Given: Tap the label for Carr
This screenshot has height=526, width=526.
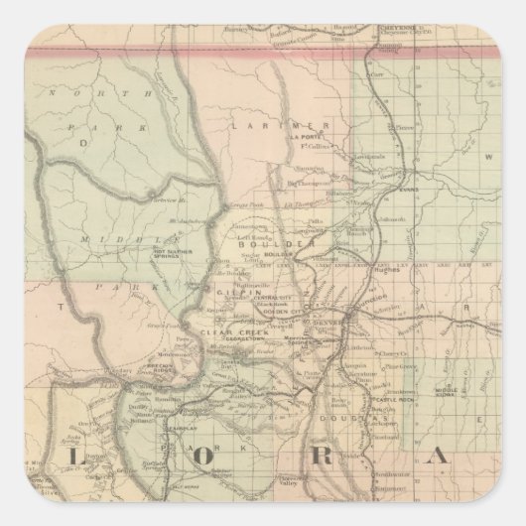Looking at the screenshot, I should pos(376,73).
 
